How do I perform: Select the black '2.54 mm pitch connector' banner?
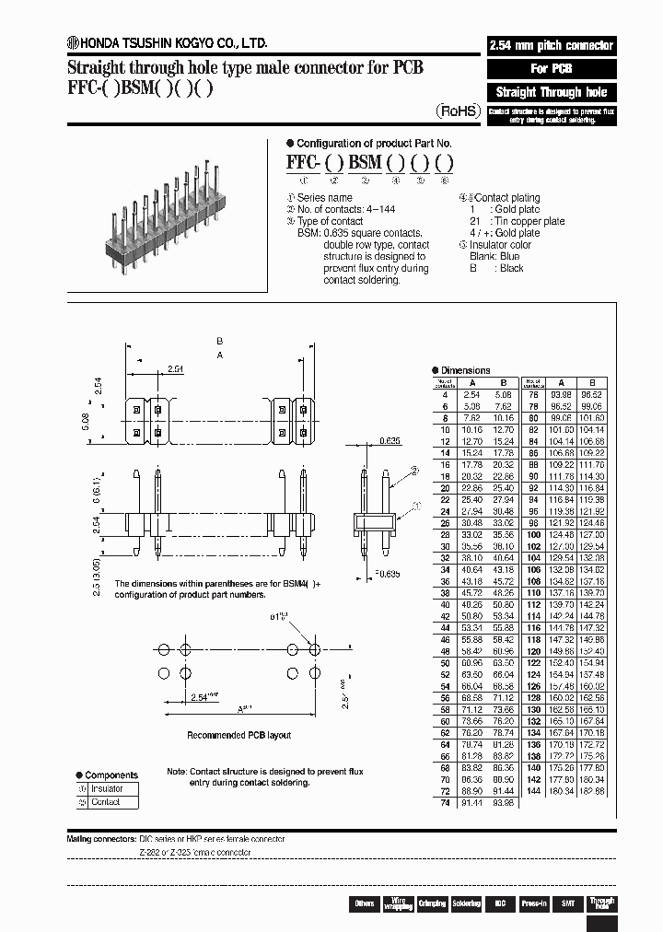pyautogui.click(x=551, y=46)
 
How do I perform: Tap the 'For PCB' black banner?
pyautogui.click(x=551, y=69)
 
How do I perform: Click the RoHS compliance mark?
pyautogui.click(x=458, y=111)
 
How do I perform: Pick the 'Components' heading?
pyautogui.click(x=110, y=775)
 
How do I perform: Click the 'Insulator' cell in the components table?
pyautogui.click(x=107, y=789)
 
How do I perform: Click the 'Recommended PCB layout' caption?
pyautogui.click(x=238, y=735)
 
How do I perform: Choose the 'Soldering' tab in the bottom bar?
pyautogui.click(x=466, y=904)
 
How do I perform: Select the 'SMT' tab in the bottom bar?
pyautogui.click(x=568, y=904)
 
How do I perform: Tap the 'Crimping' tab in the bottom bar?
pyautogui.click(x=432, y=904)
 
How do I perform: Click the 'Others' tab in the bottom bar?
pyautogui.click(x=365, y=904)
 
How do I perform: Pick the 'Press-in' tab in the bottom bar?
pyautogui.click(x=534, y=904)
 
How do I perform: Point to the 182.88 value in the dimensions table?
pyautogui.click(x=592, y=791)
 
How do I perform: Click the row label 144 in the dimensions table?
pyautogui.click(x=533, y=791)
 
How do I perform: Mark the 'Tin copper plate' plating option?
pyautogui.click(x=529, y=222)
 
